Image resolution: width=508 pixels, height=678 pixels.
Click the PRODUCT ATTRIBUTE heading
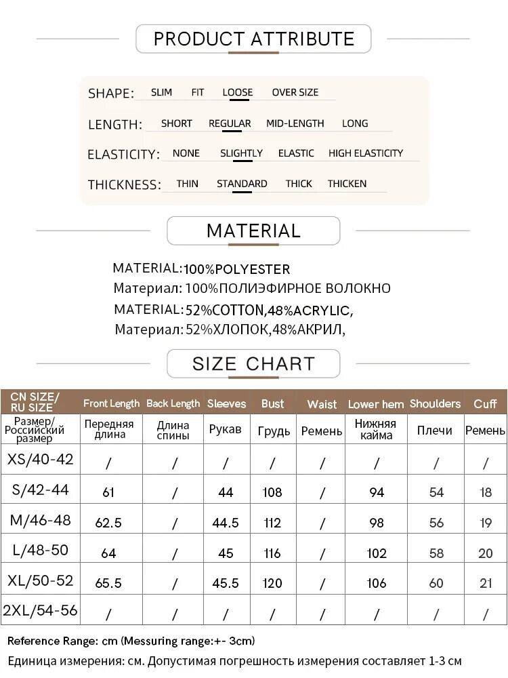tap(253, 39)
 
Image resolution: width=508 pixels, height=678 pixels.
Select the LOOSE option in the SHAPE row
tap(237, 92)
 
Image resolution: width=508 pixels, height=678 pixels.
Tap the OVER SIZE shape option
tap(295, 92)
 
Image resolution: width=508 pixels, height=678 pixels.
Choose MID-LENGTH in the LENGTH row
tap(295, 123)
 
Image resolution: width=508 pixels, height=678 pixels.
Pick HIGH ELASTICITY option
tap(365, 153)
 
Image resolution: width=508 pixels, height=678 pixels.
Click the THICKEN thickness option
tap(347, 184)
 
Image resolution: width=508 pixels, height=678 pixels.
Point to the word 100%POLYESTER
tap(236, 269)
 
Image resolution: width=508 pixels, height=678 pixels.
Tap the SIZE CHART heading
tap(253, 363)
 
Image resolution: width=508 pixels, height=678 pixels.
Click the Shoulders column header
tap(435, 403)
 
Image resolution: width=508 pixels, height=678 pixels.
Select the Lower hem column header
tap(376, 404)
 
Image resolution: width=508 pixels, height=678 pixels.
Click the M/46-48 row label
tap(40, 521)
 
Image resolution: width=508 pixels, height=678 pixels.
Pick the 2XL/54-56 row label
tap(40, 610)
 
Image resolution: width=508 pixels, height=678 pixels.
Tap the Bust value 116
tap(272, 553)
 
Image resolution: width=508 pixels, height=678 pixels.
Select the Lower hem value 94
tap(377, 493)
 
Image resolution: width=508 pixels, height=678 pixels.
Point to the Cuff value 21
tap(486, 583)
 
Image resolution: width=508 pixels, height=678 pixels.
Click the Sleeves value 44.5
tap(226, 523)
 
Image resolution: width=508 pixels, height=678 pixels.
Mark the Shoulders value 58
tap(436, 553)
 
